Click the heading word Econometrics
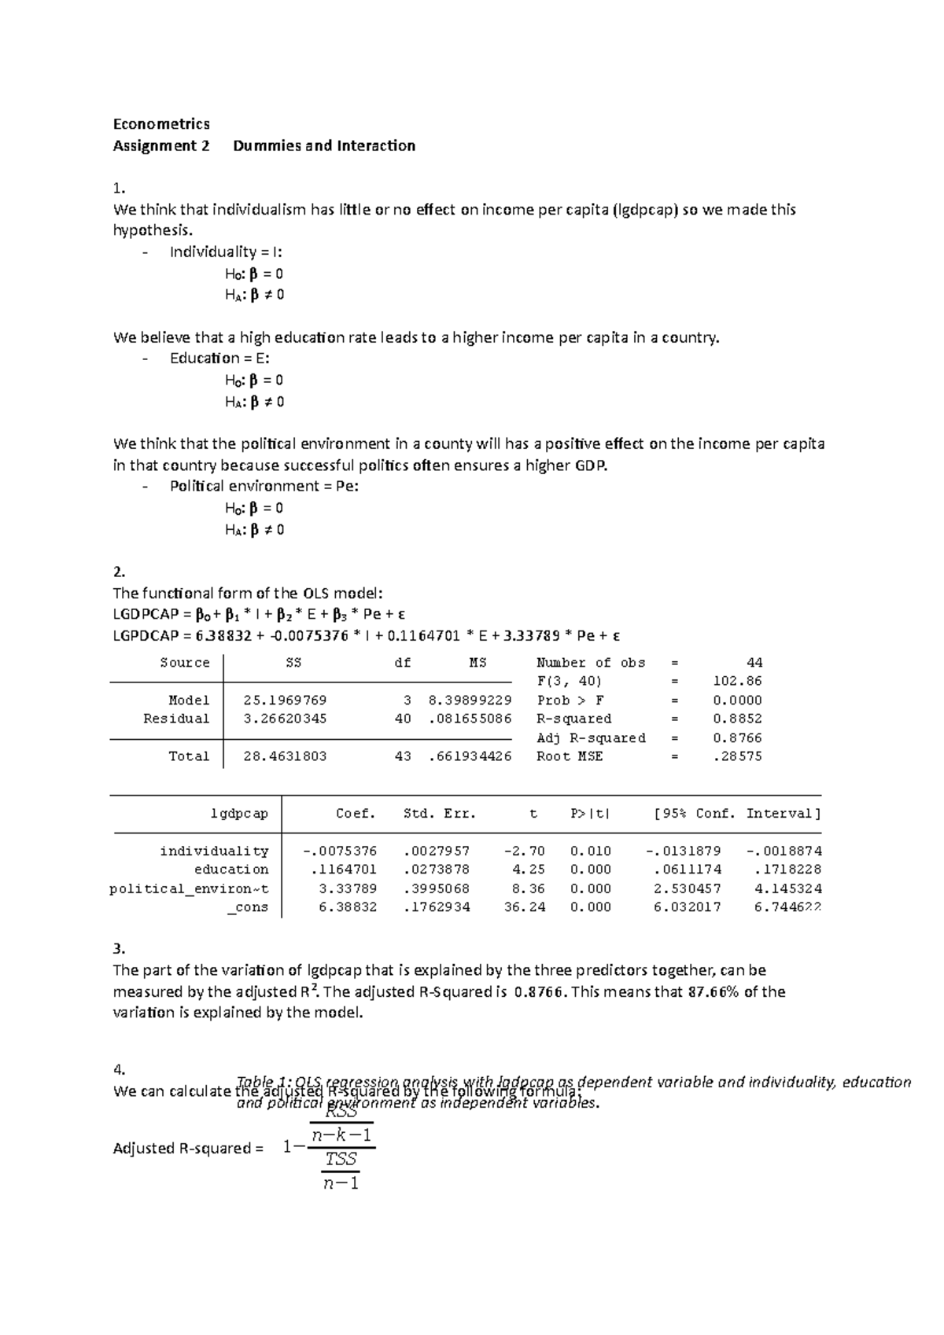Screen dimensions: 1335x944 pos(161,124)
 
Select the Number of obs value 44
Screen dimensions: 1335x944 pos(754,663)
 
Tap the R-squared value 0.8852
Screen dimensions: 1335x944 pos(737,719)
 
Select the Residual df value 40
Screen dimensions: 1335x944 pos(403,719)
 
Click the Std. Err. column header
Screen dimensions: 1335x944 pos(440,814)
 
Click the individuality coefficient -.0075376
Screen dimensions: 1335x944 pos(340,851)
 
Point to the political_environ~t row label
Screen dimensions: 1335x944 pos(189,888)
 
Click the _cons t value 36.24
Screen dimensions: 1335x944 pos(524,907)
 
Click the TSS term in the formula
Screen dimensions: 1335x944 pos(341,1159)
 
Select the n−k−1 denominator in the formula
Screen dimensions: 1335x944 pos(341,1135)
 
